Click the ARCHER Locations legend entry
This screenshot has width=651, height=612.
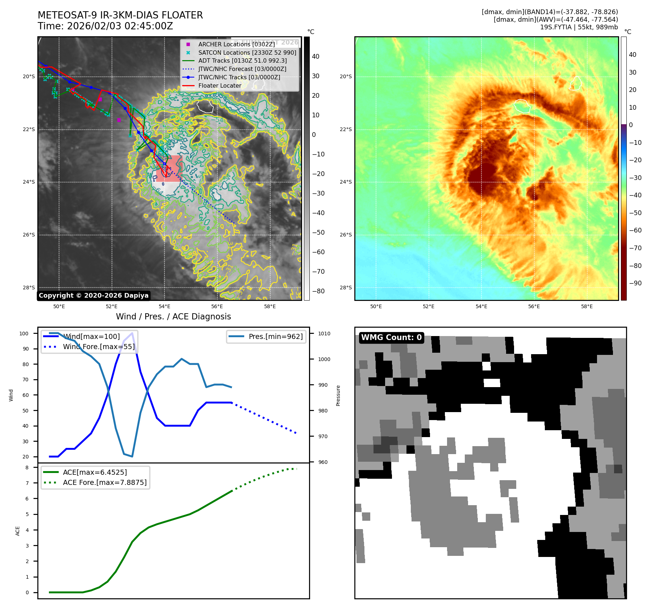pyautogui.click(x=236, y=44)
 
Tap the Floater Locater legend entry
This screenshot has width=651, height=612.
pyautogui.click(x=220, y=85)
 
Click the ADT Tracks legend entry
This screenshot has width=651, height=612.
pyautogui.click(x=242, y=60)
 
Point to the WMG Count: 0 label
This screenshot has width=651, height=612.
pyautogui.click(x=391, y=338)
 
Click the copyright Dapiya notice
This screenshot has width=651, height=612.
pyautogui.click(x=93, y=295)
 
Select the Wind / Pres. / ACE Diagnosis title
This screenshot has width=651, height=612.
pyautogui.click(x=173, y=317)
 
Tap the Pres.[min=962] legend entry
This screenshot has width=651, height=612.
pyautogui.click(x=275, y=336)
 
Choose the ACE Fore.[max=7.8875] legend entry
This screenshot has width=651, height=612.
pyautogui.click(x=105, y=482)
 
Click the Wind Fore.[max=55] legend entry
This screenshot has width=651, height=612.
pyautogui.click(x=99, y=347)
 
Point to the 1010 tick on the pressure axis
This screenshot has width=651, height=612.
pyautogui.click(x=324, y=334)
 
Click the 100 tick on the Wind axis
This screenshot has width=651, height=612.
pyautogui.click(x=24, y=334)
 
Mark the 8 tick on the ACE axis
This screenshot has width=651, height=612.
pyautogui.click(x=27, y=468)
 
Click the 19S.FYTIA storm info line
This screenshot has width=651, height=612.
pyautogui.click(x=579, y=27)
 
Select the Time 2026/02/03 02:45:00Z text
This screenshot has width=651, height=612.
pyautogui.click(x=105, y=26)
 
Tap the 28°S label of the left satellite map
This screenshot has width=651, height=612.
pyautogui.click(x=29, y=288)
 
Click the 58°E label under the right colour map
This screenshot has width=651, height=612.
pyautogui.click(x=587, y=306)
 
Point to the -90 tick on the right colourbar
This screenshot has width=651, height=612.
pyautogui.click(x=635, y=283)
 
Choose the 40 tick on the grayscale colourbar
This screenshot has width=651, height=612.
pyautogui.click(x=316, y=56)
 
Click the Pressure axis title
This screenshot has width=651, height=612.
pyautogui.click(x=338, y=395)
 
